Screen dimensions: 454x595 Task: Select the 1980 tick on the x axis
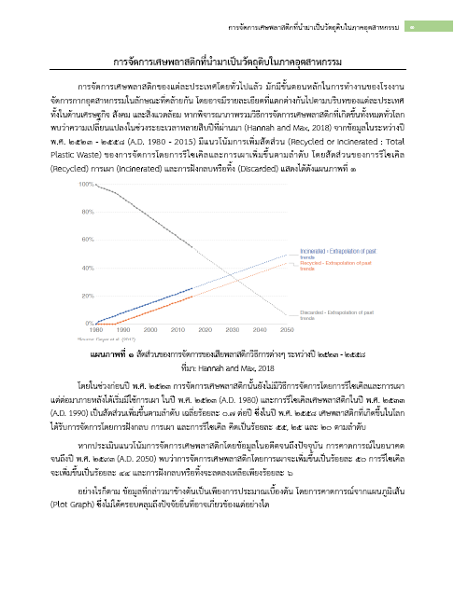(x=96, y=330)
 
